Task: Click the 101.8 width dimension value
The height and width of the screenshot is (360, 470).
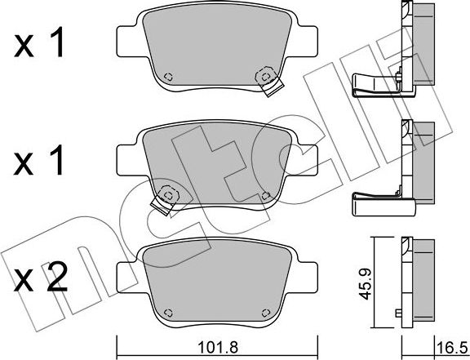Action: click(x=218, y=349)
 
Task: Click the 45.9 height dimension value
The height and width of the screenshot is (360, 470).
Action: click(x=365, y=284)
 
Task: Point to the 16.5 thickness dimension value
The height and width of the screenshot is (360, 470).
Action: click(x=453, y=348)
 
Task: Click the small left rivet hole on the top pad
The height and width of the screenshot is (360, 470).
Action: click(x=169, y=77)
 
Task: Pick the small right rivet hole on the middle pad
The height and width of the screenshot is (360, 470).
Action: click(x=265, y=196)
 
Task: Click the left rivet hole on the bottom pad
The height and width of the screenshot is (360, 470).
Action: click(x=169, y=313)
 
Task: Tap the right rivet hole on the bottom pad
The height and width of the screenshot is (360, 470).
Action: click(x=265, y=313)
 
